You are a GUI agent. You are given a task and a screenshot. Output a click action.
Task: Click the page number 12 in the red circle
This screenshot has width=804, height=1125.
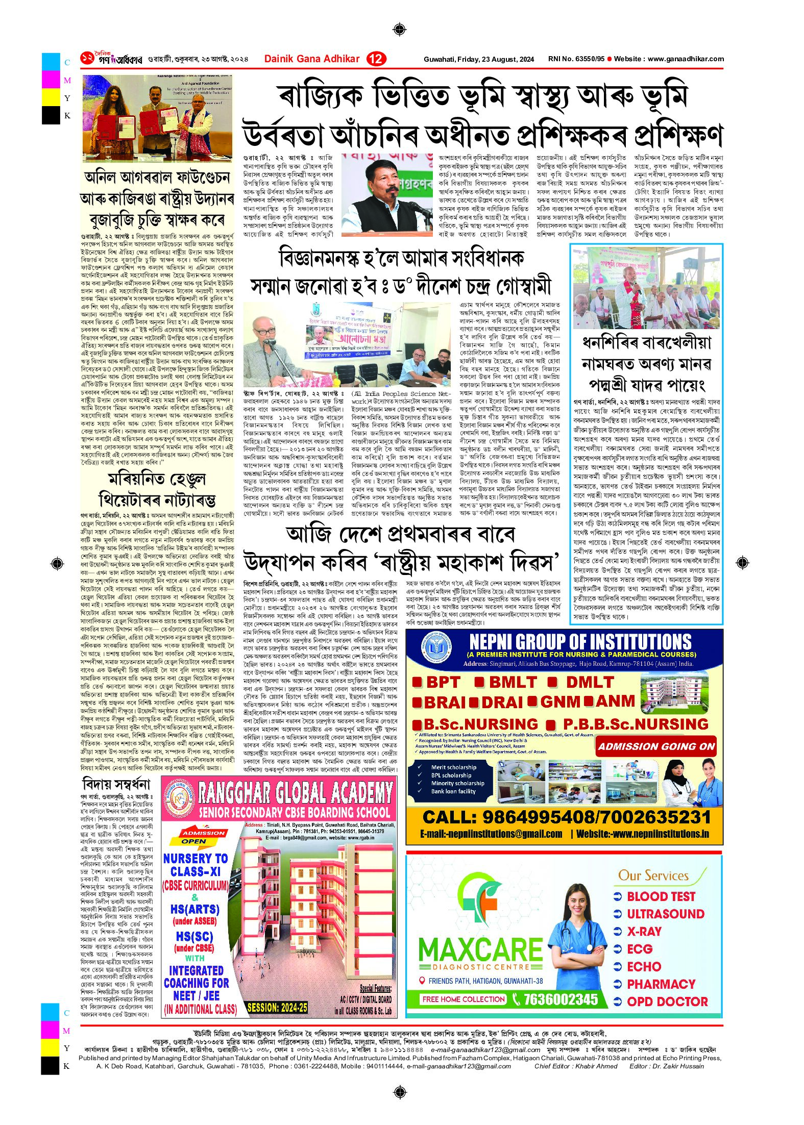(376, 59)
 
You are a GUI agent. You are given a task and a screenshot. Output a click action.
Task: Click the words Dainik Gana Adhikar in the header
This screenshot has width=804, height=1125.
(311, 59)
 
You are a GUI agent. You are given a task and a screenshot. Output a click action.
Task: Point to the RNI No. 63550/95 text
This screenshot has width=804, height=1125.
(576, 59)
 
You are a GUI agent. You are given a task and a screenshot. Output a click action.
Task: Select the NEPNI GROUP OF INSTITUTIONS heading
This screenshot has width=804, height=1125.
(580, 641)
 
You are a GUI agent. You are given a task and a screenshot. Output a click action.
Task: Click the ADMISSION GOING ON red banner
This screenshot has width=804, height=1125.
(656, 746)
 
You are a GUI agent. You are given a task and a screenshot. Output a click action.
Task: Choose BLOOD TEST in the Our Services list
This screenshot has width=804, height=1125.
(661, 896)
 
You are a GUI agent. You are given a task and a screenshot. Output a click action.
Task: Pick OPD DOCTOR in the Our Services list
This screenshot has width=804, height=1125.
(667, 1002)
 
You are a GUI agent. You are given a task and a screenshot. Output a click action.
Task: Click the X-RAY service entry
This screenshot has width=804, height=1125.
(644, 932)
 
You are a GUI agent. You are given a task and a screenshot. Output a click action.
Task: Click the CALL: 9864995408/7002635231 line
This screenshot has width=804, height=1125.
(566, 817)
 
